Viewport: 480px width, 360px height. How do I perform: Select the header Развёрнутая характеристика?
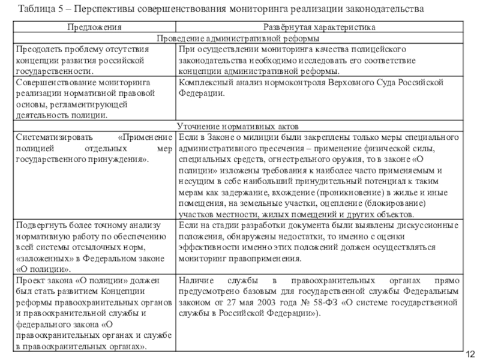(320, 28)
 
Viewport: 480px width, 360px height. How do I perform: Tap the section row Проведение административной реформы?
(239, 38)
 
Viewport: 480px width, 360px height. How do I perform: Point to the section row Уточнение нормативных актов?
(239, 127)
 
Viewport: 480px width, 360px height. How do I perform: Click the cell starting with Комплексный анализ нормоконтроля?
(320, 88)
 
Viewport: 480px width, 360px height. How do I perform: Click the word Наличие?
(195, 280)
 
